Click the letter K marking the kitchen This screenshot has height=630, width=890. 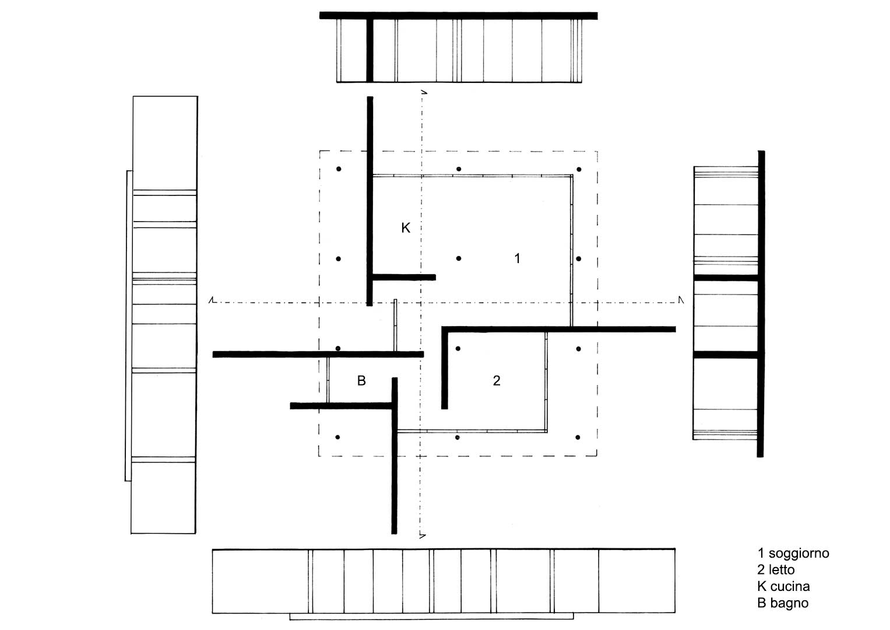pos(406,228)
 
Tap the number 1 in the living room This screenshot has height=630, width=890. pos(518,258)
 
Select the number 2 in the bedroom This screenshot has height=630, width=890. pos(497,380)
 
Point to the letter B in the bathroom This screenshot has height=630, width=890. pos(361,380)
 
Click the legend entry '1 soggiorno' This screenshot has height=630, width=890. pos(793,553)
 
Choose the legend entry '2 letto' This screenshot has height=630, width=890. pos(776,570)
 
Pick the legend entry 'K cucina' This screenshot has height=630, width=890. pos(783,586)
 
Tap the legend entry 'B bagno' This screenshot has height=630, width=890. pos(783,603)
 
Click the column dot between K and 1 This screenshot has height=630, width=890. pos(459,258)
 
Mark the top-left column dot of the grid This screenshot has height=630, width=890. pos(339,169)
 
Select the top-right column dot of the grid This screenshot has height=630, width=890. pos(579,169)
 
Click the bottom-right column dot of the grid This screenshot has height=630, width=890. pos(578,437)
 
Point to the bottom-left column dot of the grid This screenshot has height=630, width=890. pos(337,437)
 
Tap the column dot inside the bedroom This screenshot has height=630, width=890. pos(458,349)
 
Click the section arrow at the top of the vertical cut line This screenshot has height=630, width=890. pos(424,92)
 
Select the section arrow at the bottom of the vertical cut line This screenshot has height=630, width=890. pos(423,536)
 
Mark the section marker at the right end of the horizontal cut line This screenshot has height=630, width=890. pos(681,300)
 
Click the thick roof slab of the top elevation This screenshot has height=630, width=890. pos(459,16)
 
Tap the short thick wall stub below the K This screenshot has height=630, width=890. pos(404,277)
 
